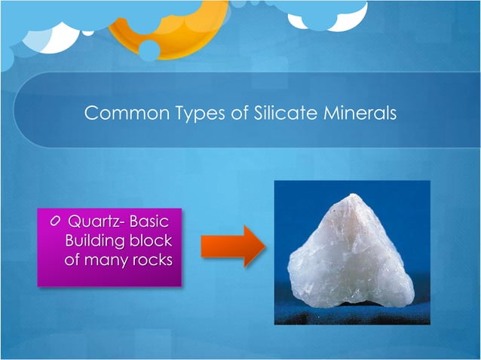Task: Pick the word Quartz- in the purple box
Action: coord(95,223)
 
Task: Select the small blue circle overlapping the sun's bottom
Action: coord(149,50)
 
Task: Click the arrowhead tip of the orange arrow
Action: coord(264,246)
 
